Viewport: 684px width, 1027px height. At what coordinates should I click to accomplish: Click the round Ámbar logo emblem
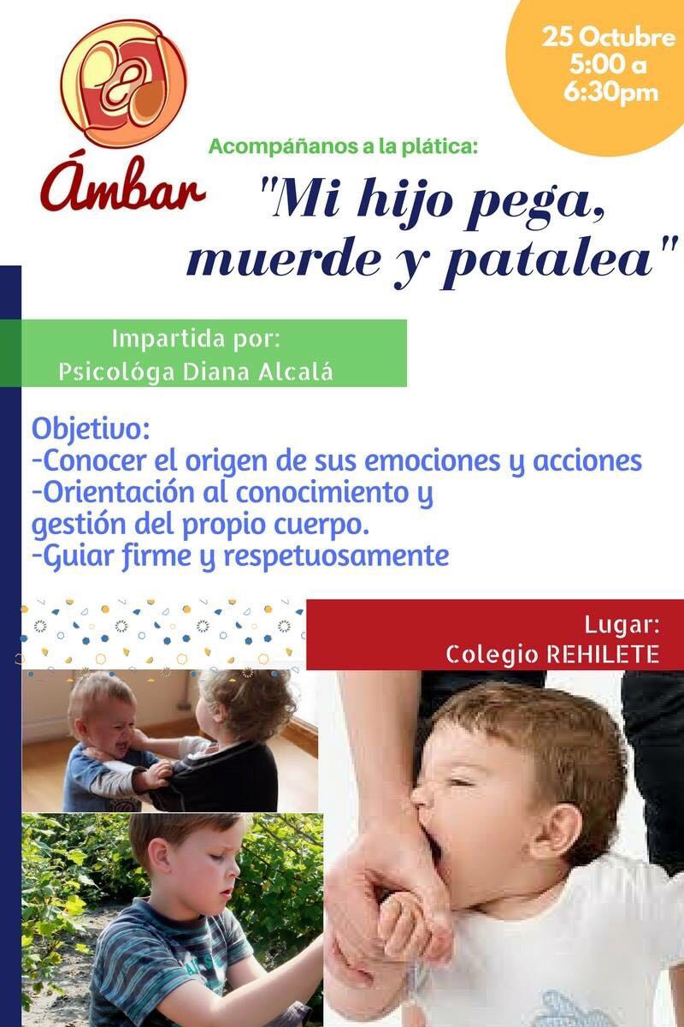[x=124, y=84]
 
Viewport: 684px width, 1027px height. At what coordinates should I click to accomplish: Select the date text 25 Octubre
[x=609, y=37]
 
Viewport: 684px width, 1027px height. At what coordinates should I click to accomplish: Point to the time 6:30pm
[x=610, y=92]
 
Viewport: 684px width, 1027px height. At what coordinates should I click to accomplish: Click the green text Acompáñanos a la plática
[x=343, y=147]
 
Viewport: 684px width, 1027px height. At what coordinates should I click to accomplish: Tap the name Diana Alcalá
[x=258, y=371]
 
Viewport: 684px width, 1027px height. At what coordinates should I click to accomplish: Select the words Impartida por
[x=196, y=339]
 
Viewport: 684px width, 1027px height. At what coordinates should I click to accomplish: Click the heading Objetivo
[x=91, y=430]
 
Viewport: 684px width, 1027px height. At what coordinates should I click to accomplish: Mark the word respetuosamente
[x=337, y=556]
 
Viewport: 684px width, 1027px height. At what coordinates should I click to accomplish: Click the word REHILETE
[x=604, y=654]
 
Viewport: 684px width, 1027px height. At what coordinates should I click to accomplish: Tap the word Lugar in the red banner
[x=622, y=626]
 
